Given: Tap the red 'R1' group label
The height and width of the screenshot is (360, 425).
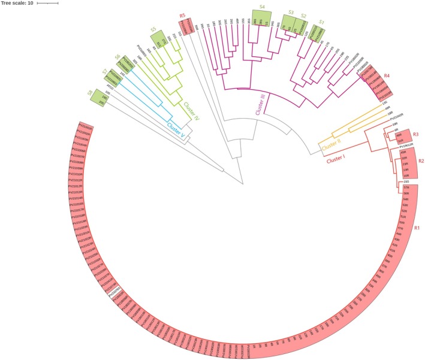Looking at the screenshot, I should click(x=417, y=228).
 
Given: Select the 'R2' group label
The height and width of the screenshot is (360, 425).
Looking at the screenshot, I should click(x=421, y=161).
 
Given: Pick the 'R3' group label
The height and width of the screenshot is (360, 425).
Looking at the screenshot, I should click(x=415, y=134).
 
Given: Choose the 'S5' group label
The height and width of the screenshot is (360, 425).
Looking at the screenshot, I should click(x=153, y=28).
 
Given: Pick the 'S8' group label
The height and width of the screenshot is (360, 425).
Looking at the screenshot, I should click(x=90, y=92).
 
